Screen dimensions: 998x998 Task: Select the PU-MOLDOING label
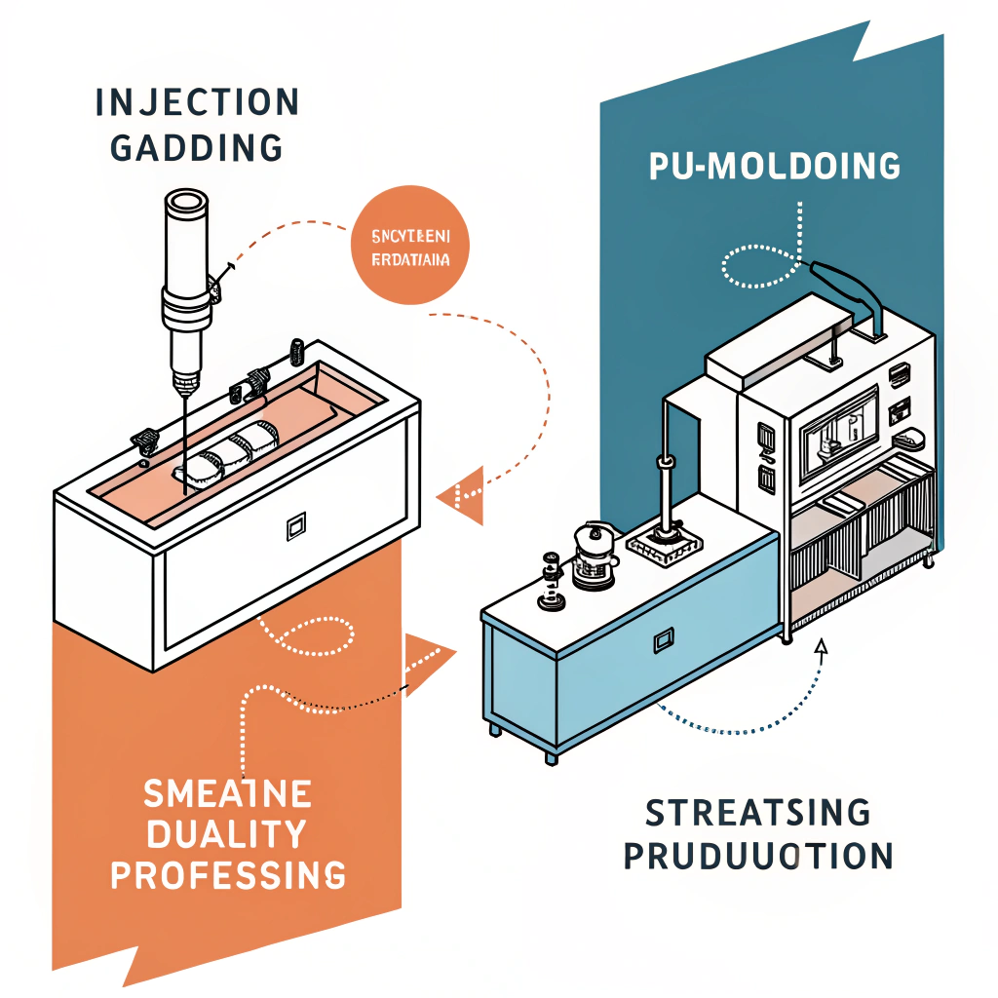pos(774,167)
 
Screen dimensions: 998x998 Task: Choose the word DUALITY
pos(227,834)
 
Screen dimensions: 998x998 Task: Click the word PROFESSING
pos(227,874)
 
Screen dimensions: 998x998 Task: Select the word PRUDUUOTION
pos(757,855)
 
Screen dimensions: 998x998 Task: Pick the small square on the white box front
pos(295,528)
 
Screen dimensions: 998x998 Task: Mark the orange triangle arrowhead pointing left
pos(461,495)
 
